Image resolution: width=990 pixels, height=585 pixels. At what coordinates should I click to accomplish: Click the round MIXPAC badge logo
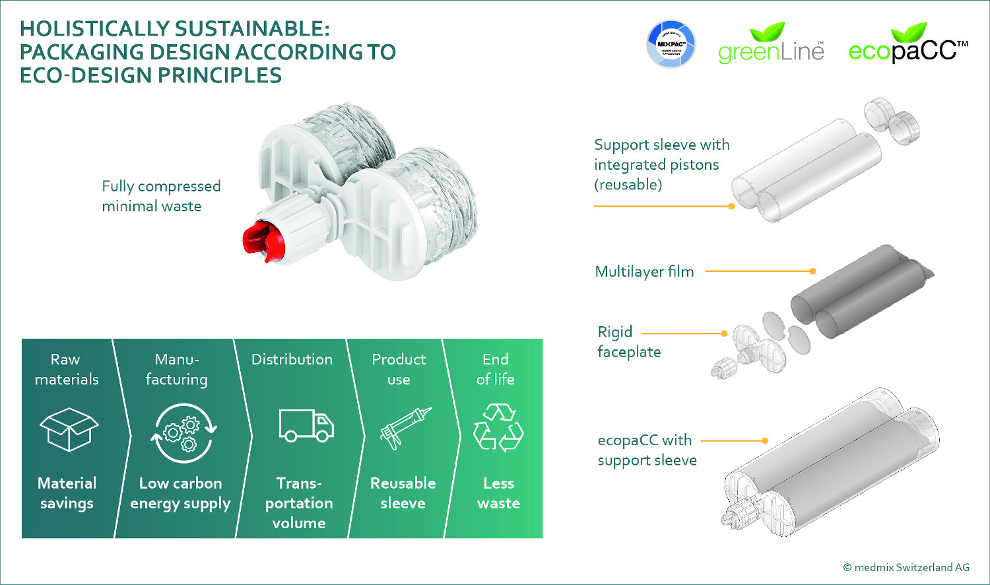671,44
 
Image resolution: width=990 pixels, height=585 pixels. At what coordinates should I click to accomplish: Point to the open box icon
69,429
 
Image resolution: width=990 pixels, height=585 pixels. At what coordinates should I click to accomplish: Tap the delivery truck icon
306,425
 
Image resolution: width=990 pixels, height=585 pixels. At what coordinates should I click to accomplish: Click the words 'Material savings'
67,493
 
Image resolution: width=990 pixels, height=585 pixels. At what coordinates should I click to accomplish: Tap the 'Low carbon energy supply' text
180,493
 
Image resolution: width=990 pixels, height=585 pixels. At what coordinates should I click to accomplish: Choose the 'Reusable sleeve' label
403,493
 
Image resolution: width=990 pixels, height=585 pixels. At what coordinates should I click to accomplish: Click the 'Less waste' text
498,493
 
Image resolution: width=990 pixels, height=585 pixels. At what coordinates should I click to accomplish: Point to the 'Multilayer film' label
644,271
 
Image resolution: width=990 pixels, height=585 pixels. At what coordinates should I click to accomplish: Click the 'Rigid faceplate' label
628,341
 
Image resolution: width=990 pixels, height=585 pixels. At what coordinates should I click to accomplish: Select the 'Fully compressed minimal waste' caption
161,196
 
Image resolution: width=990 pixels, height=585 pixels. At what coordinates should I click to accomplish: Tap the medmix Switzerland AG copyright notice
906,567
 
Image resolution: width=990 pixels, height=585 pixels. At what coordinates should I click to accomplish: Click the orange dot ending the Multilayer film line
812,271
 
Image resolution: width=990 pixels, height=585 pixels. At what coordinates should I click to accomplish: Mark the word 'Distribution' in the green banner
292,359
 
